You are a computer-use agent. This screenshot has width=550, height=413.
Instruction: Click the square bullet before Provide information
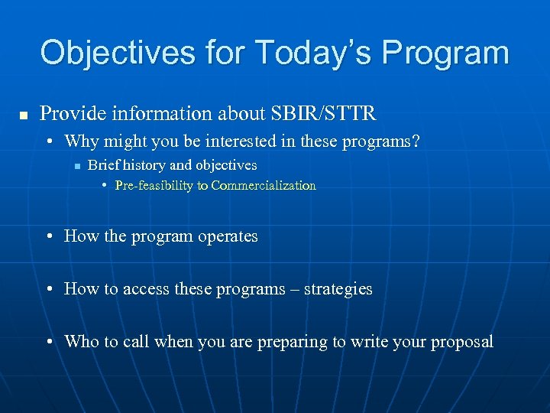23,115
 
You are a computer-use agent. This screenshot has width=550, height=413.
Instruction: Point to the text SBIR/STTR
323,114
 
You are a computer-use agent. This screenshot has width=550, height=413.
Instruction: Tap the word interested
235,141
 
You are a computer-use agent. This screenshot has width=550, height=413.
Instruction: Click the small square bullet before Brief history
77,165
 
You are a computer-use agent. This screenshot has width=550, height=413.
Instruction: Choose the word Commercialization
264,185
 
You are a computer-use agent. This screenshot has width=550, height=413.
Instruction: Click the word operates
228,236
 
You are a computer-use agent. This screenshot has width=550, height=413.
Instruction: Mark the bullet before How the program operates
50,237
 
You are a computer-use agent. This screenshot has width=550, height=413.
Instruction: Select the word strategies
338,289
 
